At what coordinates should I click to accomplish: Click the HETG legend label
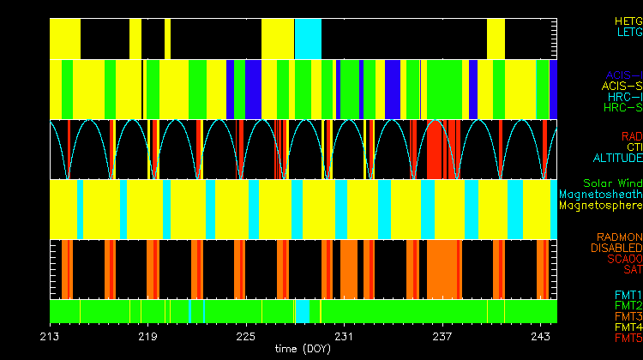tap(628, 21)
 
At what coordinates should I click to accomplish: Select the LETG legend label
tap(629, 33)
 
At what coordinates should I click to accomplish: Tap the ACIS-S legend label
tap(622, 86)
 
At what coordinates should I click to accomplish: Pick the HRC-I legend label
tap(624, 97)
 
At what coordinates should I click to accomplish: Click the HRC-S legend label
tap(622, 108)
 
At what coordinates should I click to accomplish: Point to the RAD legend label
tap(631, 136)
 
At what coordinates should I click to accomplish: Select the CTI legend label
tap(634, 147)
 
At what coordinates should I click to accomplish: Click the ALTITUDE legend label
tap(617, 159)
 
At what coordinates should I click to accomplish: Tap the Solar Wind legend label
tap(612, 183)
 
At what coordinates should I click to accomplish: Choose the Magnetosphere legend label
tap(600, 206)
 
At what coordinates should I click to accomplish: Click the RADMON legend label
tap(619, 237)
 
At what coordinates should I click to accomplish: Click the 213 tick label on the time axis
tap(50, 335)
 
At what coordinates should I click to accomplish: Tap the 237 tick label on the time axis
tap(442, 335)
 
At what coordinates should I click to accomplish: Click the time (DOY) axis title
tap(303, 350)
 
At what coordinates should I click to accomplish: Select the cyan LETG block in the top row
tap(308, 38)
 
